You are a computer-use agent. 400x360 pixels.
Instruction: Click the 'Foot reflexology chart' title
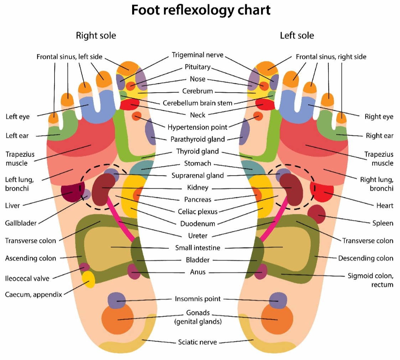click(201, 10)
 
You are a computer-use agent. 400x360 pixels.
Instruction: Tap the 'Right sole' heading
click(96, 36)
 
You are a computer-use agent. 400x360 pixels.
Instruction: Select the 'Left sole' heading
click(297, 36)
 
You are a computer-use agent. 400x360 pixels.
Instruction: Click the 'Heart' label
click(385, 205)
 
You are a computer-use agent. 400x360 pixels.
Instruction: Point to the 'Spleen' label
click(383, 223)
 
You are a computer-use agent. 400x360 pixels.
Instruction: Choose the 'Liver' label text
click(12, 205)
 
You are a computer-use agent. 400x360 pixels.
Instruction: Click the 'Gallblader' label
click(21, 223)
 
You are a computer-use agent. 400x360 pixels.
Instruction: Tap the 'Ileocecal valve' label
click(27, 278)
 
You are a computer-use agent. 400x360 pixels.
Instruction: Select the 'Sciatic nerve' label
click(197, 342)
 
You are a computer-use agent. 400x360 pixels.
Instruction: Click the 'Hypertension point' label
click(197, 127)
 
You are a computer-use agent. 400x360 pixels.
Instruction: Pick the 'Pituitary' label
click(198, 67)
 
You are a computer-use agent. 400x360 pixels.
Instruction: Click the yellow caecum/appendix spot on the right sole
click(89, 280)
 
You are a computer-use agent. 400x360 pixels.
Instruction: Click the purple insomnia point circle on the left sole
click(278, 301)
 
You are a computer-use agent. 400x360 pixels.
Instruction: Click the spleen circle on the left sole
click(316, 214)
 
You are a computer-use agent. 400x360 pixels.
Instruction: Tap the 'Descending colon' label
click(365, 259)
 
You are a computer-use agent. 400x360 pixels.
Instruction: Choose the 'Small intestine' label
click(198, 248)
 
